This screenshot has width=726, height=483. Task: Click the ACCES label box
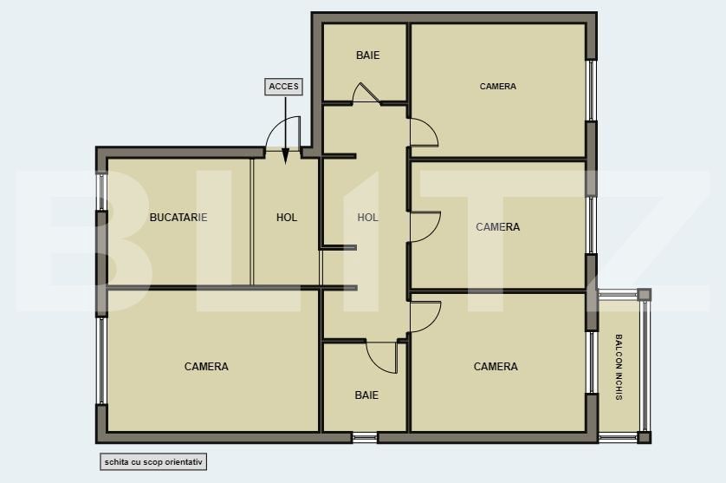[283, 87]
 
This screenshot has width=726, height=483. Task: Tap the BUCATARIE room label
[178, 218]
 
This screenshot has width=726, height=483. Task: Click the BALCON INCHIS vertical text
[619, 367]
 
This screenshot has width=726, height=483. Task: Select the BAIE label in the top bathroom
[367, 55]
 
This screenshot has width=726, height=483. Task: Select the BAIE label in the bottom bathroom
[366, 395]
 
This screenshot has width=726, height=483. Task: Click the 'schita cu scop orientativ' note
[153, 461]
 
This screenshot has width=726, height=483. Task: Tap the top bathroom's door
[366, 93]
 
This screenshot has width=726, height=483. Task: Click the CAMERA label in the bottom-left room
[206, 367]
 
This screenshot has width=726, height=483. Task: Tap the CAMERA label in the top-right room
[498, 86]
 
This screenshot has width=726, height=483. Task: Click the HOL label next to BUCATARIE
[287, 218]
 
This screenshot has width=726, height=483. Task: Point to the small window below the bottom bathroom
[365, 437]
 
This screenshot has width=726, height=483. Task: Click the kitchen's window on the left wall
[101, 192]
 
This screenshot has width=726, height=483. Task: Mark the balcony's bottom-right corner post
[644, 437]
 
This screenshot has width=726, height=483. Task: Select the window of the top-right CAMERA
[591, 90]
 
